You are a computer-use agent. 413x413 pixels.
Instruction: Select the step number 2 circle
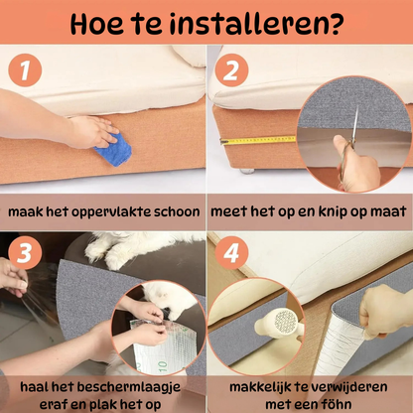point(230,71)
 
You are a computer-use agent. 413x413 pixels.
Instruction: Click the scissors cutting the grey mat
point(347,159)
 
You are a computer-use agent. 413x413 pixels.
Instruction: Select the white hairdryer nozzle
point(283,323)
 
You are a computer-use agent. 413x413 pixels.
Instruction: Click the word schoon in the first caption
point(177,212)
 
